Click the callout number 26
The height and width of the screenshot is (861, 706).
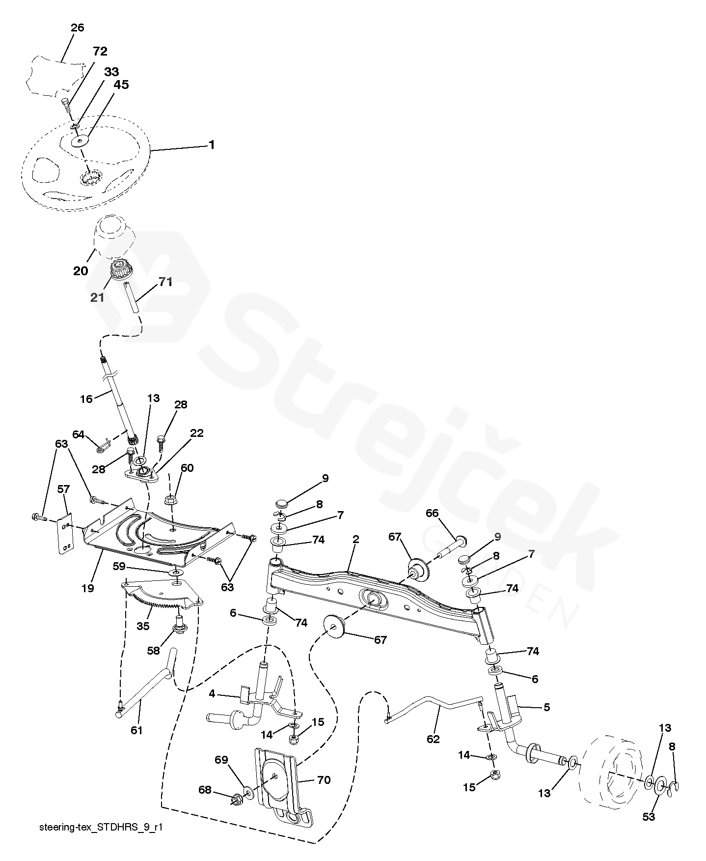(x=77, y=28)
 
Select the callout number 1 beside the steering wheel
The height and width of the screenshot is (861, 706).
(x=212, y=145)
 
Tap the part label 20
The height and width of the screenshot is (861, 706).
(x=81, y=271)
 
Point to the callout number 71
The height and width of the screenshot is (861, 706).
(x=165, y=282)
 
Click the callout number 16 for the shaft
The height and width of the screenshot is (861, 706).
(x=86, y=399)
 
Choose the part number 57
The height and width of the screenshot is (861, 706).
(x=64, y=489)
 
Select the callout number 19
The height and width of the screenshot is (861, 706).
(x=88, y=588)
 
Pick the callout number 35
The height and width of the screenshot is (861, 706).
(x=143, y=626)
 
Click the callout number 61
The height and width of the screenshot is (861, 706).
(x=136, y=730)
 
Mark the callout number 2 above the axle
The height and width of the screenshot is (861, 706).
(x=355, y=540)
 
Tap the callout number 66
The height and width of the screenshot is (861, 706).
(x=432, y=514)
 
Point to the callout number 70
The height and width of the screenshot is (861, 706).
(x=324, y=780)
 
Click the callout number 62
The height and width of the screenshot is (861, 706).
(x=433, y=739)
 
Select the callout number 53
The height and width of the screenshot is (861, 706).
(x=649, y=817)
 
